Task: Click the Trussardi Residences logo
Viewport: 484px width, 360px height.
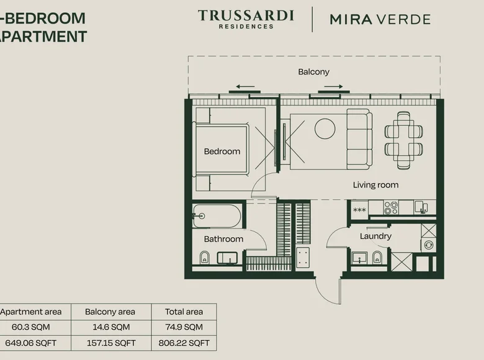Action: pos(246,19)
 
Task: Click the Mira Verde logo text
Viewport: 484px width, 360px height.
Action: pos(380,19)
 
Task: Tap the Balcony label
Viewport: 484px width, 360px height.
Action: pos(313,72)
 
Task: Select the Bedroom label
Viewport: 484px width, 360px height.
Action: pos(222,151)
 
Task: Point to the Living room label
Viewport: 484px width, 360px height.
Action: pos(375,185)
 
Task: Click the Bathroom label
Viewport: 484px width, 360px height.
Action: pos(223,239)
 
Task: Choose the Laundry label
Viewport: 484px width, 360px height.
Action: pos(375,236)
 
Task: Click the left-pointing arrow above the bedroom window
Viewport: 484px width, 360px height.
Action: pos(244,87)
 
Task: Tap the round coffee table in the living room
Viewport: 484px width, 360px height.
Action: pos(325,128)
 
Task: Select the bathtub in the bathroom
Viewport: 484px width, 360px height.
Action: pos(217,216)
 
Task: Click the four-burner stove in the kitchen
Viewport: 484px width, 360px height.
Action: pos(391,208)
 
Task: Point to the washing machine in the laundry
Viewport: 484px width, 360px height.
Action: pos(429,245)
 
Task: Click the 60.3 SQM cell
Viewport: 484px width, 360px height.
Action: pos(31,327)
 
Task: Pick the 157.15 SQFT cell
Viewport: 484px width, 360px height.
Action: pos(111,343)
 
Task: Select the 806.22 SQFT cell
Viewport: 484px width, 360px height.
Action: pos(184,343)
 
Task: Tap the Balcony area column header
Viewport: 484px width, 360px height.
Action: pos(110,312)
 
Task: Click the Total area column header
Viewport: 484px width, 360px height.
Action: pos(184,312)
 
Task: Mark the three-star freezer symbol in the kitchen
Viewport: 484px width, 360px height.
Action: pos(359,210)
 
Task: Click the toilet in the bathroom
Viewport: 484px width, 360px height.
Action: pos(204,258)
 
